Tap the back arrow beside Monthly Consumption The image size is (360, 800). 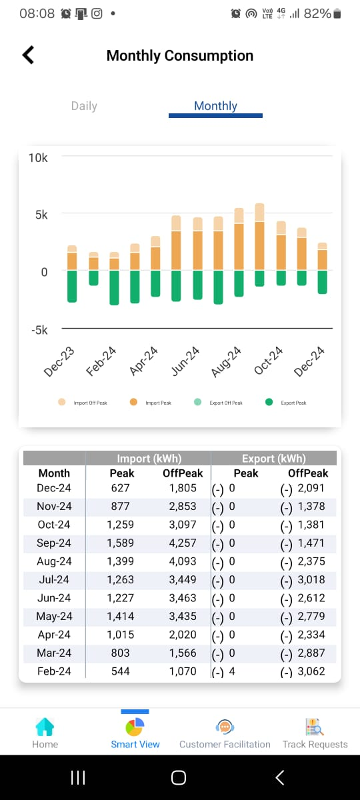pos(28,55)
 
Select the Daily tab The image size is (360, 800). pos(84,106)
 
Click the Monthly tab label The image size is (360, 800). pos(215,106)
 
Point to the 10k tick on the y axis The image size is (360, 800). pos(38,158)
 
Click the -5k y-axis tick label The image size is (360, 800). pos(39,330)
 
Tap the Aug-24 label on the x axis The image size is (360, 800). pos(227,361)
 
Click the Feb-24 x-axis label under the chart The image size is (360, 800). pos(101,361)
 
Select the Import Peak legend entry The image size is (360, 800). pos(151,403)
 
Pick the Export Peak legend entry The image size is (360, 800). pos(286,403)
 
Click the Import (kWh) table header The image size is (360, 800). pos(149,458)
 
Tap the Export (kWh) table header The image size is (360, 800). pos(274,458)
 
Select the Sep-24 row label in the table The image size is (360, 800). pos(54,543)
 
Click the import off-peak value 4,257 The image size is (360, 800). pos(183,543)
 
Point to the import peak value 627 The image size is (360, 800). pos(121,488)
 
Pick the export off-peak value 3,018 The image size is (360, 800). pos(311,579)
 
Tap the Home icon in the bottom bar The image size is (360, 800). pos(45,727)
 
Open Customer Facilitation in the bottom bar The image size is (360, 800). pos(225,733)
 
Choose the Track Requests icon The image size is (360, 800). pos(315,727)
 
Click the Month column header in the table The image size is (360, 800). pos(54,473)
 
